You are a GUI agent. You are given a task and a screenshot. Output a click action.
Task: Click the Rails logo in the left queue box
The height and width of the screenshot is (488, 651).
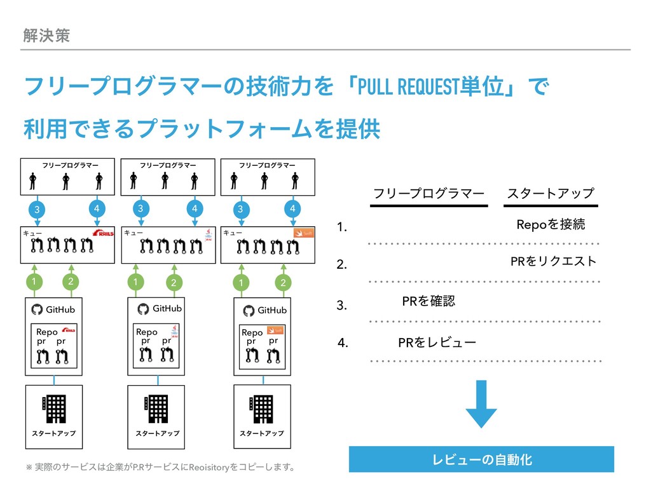coord(102,234)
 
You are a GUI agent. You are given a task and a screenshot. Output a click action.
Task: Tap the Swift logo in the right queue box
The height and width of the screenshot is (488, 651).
coord(303,234)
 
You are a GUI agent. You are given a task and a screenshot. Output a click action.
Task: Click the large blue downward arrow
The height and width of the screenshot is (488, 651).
coord(481,404)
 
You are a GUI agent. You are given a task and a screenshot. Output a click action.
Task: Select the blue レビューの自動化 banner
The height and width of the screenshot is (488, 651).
coord(482,459)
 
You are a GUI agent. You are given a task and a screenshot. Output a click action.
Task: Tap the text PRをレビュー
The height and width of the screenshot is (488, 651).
coord(436,344)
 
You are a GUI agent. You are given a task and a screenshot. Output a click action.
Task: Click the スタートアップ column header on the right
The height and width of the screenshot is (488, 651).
coord(550,193)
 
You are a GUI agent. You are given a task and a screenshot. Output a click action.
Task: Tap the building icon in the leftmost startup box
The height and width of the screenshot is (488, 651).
coord(53,409)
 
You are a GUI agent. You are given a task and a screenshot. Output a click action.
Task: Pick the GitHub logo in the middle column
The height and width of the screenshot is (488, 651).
coord(143,309)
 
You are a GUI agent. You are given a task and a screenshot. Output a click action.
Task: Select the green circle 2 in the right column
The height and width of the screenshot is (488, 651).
coord(283,282)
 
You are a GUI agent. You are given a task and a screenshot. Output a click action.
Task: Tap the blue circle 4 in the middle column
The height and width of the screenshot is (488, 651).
coord(195,208)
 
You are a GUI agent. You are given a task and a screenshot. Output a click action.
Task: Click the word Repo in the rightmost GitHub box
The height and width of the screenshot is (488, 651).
coord(252,332)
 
